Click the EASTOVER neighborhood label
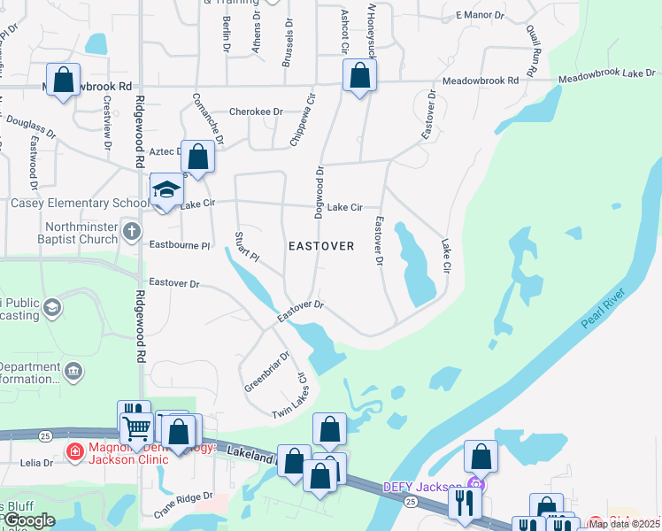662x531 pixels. point(321,246)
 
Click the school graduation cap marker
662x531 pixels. point(165,190)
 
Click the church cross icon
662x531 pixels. point(132,233)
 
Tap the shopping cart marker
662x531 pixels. point(136,427)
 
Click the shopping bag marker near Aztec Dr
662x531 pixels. point(198,158)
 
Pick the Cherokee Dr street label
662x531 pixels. point(255,112)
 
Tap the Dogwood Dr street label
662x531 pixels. point(319,191)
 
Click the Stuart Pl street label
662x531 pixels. point(245,247)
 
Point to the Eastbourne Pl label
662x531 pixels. point(180,244)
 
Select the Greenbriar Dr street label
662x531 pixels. point(266,372)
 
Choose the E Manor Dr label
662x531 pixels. point(480,16)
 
